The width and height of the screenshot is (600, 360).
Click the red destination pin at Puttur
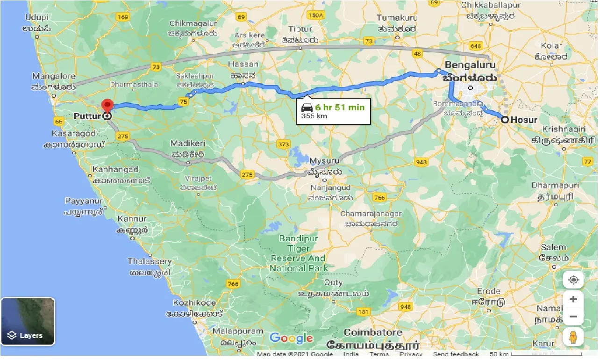[x=107, y=106]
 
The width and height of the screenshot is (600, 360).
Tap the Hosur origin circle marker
[x=505, y=120]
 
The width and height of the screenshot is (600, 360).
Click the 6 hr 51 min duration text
[x=340, y=108]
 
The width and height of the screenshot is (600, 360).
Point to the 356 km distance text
[x=314, y=116]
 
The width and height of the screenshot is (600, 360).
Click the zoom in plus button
[x=573, y=299]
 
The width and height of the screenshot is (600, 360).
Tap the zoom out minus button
[x=573, y=317]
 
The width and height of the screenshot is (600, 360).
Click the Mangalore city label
[x=54, y=76]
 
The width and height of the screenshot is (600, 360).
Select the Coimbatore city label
[x=373, y=333]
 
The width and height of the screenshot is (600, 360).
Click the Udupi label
[x=37, y=17]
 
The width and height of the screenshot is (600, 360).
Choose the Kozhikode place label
[x=194, y=302]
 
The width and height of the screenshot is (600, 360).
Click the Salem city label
[x=553, y=247]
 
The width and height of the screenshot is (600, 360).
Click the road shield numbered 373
[x=284, y=144]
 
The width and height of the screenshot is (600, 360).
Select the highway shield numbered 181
[x=363, y=311]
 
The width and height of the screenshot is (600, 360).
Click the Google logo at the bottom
[x=291, y=338]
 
